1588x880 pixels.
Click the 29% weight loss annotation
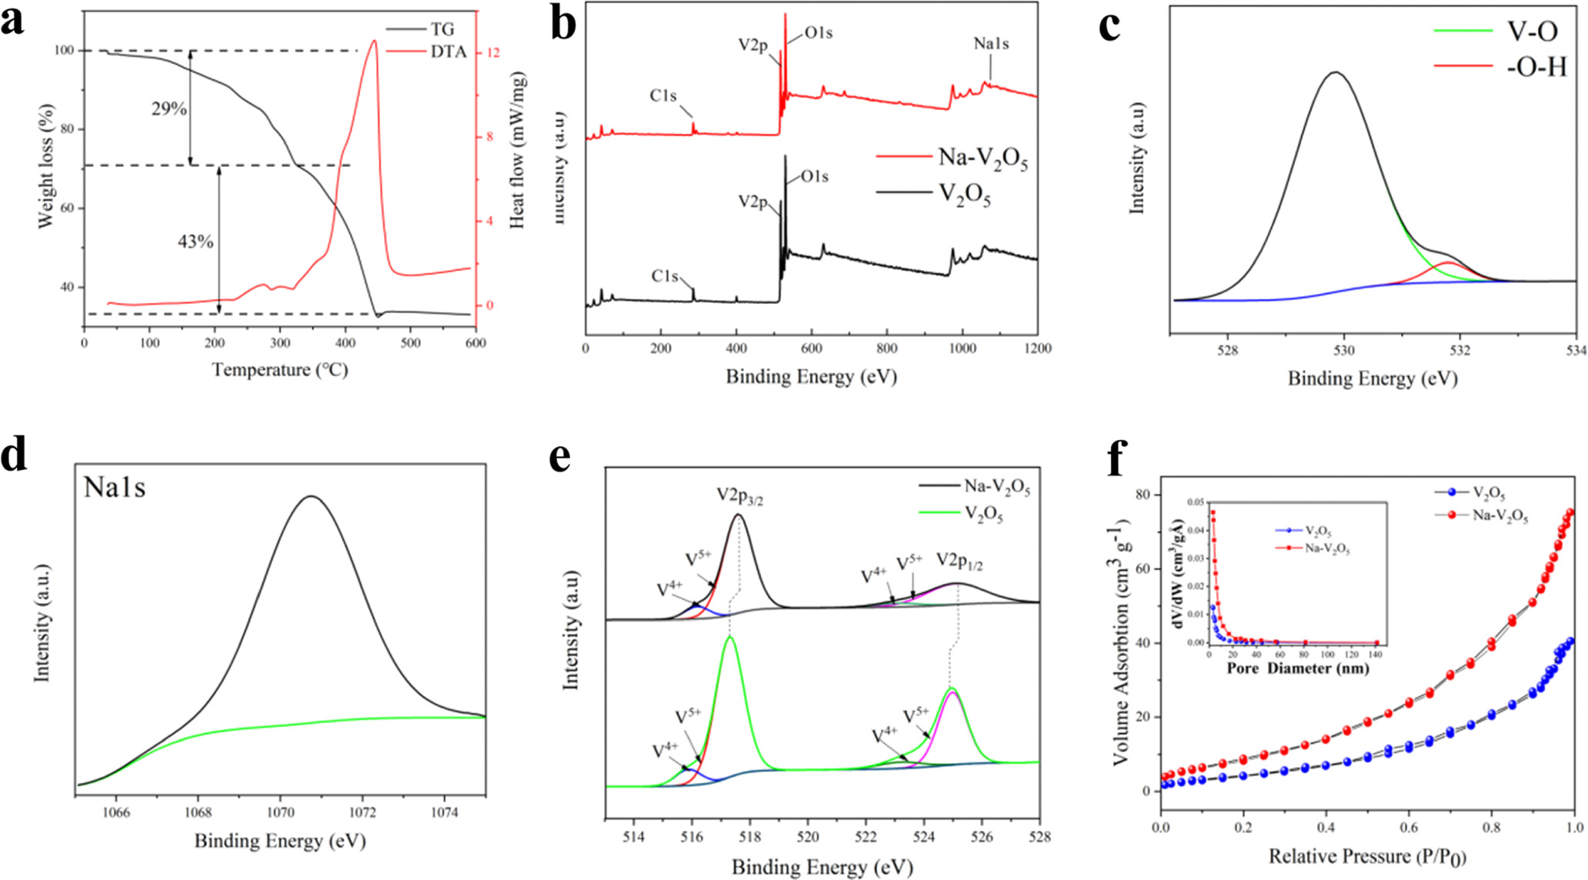(169, 108)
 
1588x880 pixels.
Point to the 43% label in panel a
(195, 242)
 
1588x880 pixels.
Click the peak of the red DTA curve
(374, 42)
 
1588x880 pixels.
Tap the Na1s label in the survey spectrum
(991, 44)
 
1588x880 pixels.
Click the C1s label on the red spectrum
(663, 96)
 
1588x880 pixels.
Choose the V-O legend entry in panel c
(1531, 32)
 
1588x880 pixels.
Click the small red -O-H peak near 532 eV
(1449, 264)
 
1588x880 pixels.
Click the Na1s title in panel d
(115, 488)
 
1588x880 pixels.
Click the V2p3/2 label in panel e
(739, 495)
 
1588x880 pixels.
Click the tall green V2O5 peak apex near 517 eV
(729, 638)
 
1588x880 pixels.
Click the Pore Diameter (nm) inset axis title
(1298, 668)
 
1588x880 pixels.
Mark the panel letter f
(1117, 459)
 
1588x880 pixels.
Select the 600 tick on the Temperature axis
(475, 343)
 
